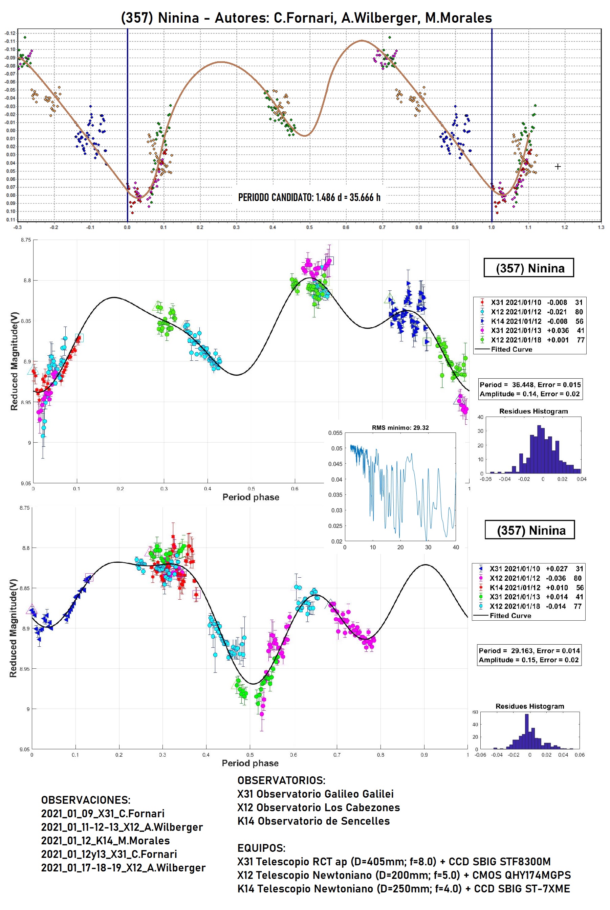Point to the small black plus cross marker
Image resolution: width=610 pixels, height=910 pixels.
558,167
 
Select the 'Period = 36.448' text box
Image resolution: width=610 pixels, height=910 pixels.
530,389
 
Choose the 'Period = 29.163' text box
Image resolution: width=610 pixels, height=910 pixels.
529,655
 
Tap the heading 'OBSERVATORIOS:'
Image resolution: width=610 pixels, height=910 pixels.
281,780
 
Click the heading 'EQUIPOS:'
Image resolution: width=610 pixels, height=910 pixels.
261,848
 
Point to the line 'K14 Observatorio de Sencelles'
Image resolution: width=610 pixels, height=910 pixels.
313,821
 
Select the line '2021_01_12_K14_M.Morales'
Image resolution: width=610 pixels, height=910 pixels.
105,841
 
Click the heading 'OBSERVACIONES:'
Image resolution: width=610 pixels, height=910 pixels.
86,800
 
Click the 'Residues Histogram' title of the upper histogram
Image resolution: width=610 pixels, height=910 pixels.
533,411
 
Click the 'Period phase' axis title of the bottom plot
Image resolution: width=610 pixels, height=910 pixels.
250,763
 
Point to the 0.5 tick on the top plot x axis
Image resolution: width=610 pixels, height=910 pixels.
309,227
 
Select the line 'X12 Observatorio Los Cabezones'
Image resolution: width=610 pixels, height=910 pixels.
319,807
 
